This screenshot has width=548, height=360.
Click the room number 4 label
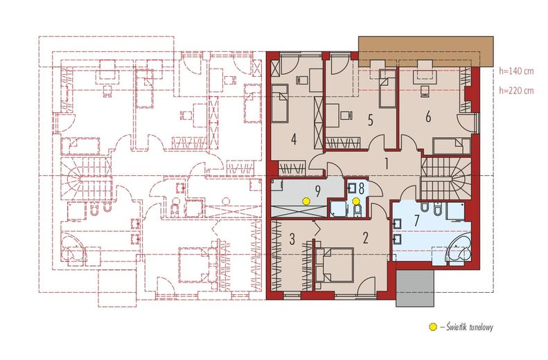tap(294, 140)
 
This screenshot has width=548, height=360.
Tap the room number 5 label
tap(371, 120)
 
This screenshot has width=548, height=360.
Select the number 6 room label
tap(428, 117)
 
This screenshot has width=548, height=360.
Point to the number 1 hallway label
tap(387, 163)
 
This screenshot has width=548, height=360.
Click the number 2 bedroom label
tap(366, 238)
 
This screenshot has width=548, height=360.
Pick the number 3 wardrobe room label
tap(292, 239)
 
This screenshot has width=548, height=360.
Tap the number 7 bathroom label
tap(416, 221)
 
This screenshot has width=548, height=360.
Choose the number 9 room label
tap(318, 191)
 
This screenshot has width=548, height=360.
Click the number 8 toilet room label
tap(361, 188)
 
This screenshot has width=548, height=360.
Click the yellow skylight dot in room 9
tap(306, 201)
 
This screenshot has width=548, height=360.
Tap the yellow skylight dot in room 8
tap(356, 201)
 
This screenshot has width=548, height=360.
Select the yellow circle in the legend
tap(433, 327)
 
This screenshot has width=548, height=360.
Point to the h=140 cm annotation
tap(517, 71)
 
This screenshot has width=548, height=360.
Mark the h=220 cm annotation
tap(517, 91)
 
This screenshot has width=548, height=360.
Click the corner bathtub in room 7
tap(459, 249)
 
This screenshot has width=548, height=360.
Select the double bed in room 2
tap(334, 264)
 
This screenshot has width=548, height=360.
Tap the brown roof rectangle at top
tap(425, 52)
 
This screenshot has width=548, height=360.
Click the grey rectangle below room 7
tap(415, 288)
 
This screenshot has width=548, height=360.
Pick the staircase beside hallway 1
tap(446, 178)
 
